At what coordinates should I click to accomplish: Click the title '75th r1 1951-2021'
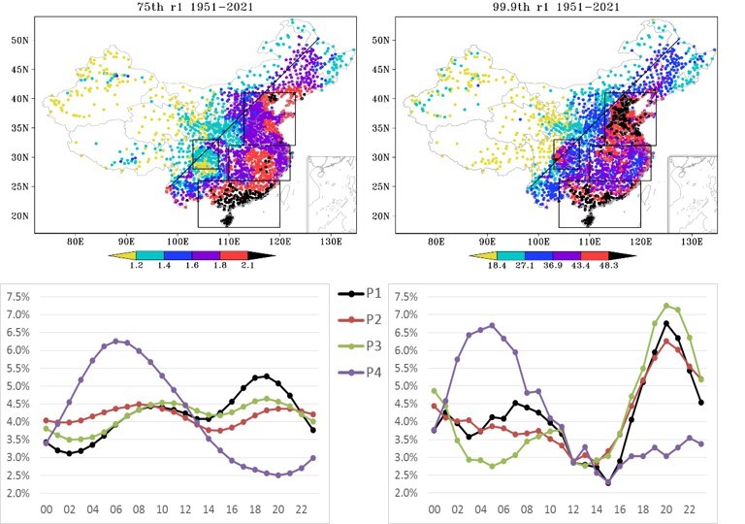(x=195, y=7)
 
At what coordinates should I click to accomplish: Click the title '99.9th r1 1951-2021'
(x=556, y=7)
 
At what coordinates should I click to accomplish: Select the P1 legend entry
(x=360, y=293)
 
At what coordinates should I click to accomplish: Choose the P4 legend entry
(x=360, y=372)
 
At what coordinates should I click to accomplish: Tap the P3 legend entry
(x=360, y=345)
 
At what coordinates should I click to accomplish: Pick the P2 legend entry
(x=360, y=319)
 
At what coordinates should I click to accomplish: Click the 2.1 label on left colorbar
(x=247, y=265)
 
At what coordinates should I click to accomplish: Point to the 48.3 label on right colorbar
(x=608, y=265)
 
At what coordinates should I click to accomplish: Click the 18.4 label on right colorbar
(x=497, y=265)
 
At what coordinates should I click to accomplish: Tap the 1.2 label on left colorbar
(x=136, y=265)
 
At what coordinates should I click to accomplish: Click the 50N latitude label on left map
(x=20, y=41)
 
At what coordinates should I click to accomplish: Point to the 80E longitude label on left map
(x=75, y=242)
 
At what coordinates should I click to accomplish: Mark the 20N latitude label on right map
(x=380, y=216)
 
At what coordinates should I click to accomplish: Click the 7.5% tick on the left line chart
(x=18, y=297)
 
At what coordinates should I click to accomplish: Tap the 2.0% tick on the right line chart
(x=405, y=493)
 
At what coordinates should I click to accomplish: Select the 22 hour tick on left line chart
(x=302, y=509)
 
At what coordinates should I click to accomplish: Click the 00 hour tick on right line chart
(x=435, y=509)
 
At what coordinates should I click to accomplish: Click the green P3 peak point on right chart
(x=666, y=306)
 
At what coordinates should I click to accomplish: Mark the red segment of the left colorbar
(x=234, y=255)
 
